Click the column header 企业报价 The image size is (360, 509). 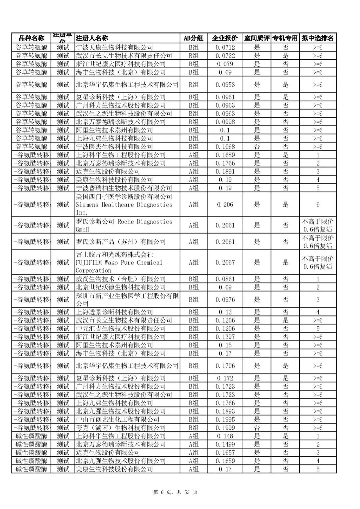[225, 38]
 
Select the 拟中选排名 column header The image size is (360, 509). [317, 38]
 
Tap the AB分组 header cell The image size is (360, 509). [193, 38]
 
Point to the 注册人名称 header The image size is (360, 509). [92, 38]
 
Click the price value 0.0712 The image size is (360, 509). [225, 47]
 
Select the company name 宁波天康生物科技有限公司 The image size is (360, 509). [114, 47]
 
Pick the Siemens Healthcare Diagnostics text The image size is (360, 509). [124, 205]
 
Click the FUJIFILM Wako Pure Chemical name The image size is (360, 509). [119, 262]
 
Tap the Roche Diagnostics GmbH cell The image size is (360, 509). [124, 226]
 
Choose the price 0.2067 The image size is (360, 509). [225, 262]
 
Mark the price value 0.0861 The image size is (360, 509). [225, 279]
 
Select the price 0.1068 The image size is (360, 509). [225, 147]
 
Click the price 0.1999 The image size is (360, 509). [225, 428]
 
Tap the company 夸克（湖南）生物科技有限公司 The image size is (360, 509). [121, 428]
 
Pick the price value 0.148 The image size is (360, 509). [225, 436]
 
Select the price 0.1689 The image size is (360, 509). [225, 155]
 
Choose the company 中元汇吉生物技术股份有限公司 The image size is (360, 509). [121, 328]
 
